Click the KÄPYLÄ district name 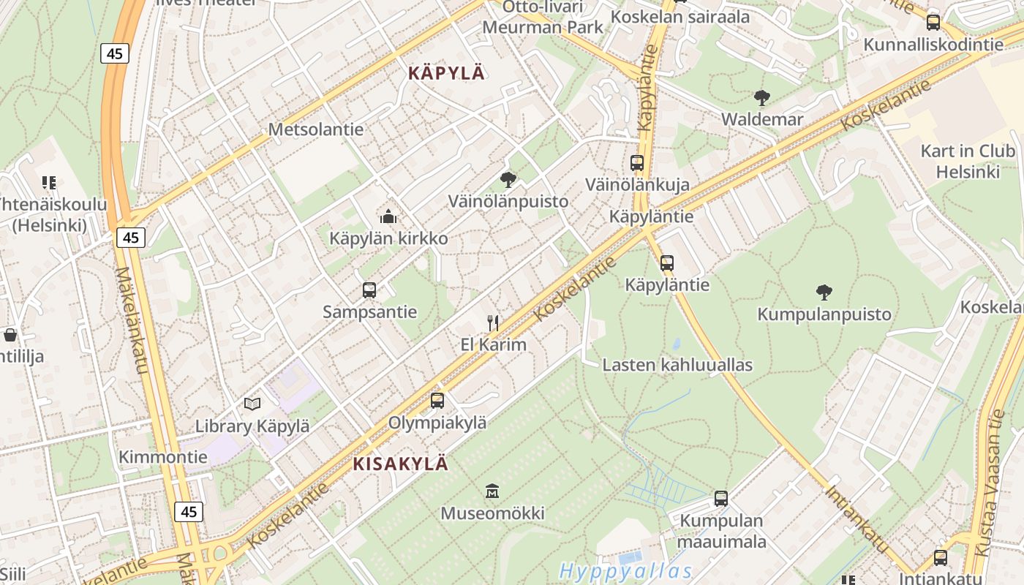tap(446, 73)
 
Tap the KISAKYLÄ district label tap(400, 464)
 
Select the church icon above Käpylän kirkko tap(388, 216)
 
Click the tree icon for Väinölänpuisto tap(508, 180)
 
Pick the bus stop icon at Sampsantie tap(369, 290)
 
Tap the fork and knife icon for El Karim tap(493, 322)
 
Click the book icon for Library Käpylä tap(252, 404)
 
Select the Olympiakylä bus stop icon tap(437, 401)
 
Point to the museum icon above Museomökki tap(492, 491)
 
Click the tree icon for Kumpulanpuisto tap(824, 292)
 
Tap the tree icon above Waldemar tap(761, 97)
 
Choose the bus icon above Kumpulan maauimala tap(721, 499)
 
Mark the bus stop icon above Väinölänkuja tap(637, 163)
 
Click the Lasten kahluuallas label tap(677, 365)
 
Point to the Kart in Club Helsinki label tap(968, 162)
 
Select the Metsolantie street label tap(316, 129)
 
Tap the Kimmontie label tap(163, 457)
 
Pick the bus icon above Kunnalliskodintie tap(933, 23)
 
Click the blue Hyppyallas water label tap(625, 571)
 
